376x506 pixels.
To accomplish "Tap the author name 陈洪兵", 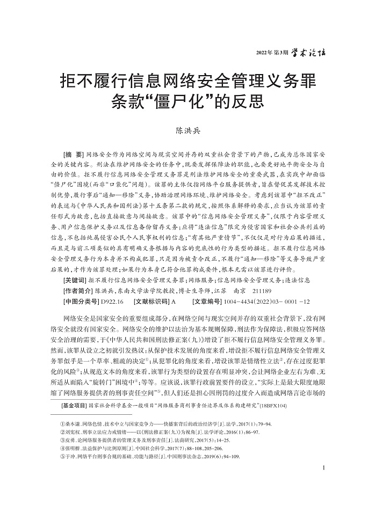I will [187, 129].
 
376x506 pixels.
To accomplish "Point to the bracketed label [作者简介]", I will [77, 290].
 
